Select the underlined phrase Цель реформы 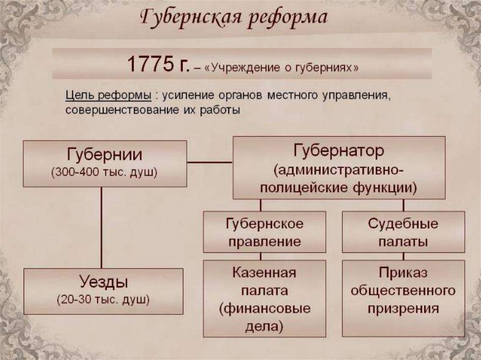click(x=108, y=95)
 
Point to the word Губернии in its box click(x=105, y=155)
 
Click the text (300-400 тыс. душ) click(x=104, y=172)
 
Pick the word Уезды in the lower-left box click(x=104, y=283)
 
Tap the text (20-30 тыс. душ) click(x=104, y=299)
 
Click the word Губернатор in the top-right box click(x=339, y=152)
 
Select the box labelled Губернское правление click(x=264, y=232)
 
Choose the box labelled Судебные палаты click(x=403, y=232)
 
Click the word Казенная click(x=264, y=273)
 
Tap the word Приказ click(x=403, y=273)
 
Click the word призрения click(x=403, y=308)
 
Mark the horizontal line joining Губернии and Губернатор click(x=210, y=162)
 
